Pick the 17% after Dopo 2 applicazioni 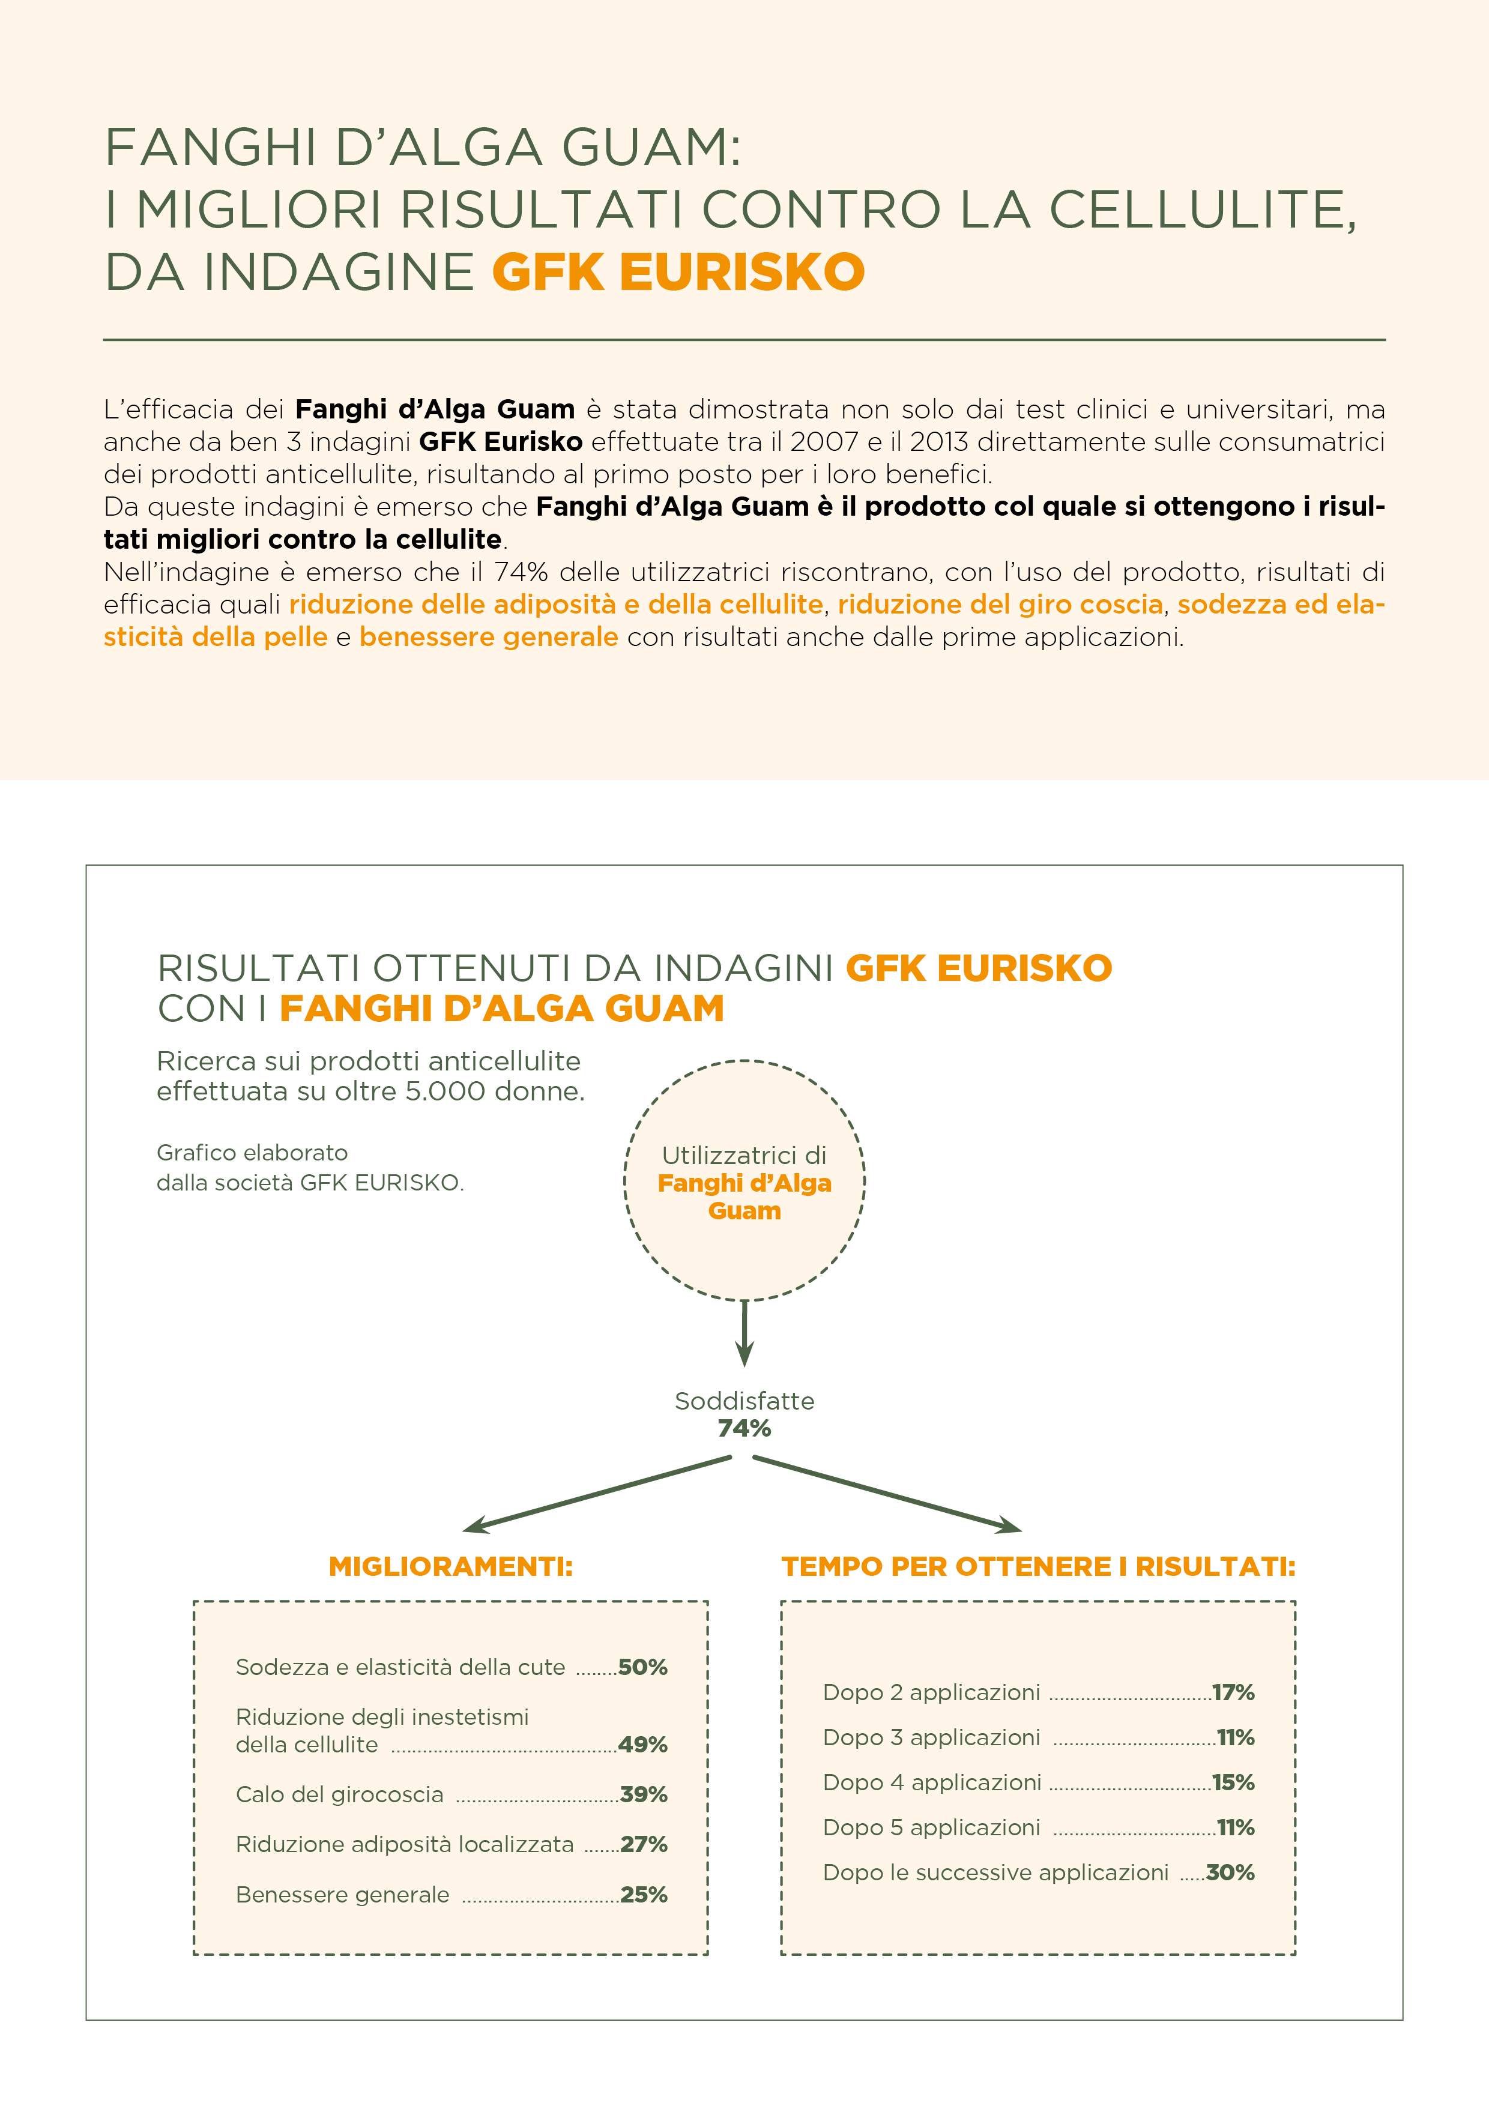(x=1233, y=1692)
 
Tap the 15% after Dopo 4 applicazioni (x=1233, y=1782)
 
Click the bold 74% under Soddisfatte (x=744, y=1428)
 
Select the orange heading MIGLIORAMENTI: (x=450, y=1567)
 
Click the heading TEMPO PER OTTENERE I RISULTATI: (x=1039, y=1567)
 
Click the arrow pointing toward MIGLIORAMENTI (x=596, y=1495)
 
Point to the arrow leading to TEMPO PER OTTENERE (x=888, y=1495)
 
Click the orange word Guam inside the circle (x=744, y=1211)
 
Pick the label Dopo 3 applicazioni (x=931, y=1737)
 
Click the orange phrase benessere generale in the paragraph (x=488, y=636)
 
